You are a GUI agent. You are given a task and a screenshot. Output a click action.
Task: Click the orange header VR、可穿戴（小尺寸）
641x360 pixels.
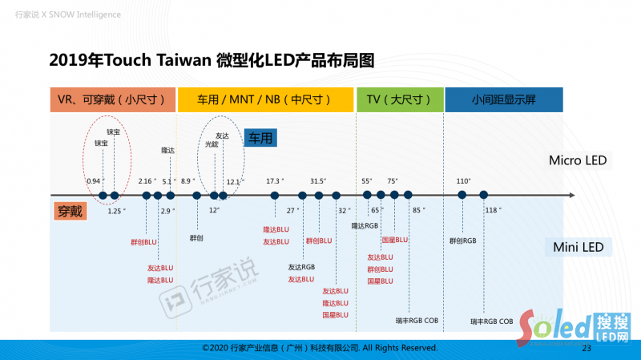point(112,99)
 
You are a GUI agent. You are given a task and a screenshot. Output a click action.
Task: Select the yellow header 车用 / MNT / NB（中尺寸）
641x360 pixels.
point(265,99)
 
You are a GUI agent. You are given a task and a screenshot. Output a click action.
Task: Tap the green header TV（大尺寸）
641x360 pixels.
point(398,99)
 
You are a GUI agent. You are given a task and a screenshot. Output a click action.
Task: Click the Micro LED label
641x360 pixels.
point(577,160)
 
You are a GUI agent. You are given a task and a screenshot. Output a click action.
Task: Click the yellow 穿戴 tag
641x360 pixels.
point(70,212)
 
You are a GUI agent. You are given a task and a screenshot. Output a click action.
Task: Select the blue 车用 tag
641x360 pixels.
point(260,139)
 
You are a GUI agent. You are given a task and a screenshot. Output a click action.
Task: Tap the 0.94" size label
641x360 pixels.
point(95,181)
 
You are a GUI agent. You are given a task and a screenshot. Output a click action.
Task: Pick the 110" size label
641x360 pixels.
point(463,181)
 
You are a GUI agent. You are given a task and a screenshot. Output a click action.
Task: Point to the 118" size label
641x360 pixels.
point(492,210)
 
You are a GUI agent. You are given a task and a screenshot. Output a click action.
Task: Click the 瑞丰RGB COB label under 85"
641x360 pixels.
point(417,320)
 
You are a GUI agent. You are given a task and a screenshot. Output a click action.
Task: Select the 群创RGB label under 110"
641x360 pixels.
point(463,240)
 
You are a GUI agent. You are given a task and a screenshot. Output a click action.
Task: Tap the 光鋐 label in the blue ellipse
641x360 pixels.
point(212,145)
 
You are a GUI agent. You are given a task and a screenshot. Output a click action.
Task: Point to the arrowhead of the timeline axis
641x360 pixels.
point(570,195)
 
